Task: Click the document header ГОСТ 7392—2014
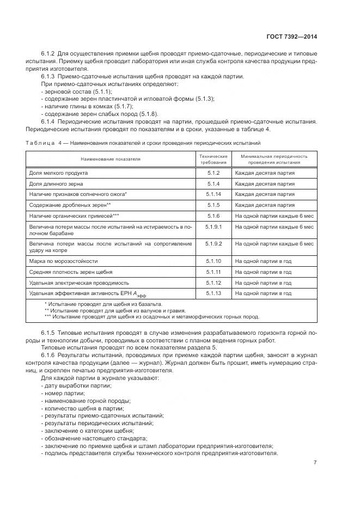[293, 36]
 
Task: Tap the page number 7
[315, 462]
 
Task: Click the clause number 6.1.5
[50, 332]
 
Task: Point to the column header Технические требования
[212, 159]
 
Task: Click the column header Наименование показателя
[111, 159]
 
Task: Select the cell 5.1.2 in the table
[212, 173]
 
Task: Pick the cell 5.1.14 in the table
[212, 194]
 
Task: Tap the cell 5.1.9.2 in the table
[212, 244]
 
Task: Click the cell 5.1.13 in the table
[212, 293]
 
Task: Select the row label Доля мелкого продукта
[58, 173]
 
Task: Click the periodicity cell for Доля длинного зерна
[265, 183]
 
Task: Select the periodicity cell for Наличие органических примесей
[274, 216]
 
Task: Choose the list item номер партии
[63, 393]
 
